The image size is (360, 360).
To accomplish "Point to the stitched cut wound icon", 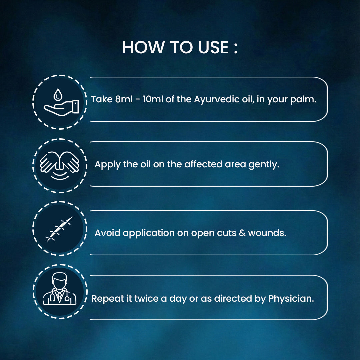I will click(x=59, y=229).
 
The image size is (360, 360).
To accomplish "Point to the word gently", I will click(x=264, y=164).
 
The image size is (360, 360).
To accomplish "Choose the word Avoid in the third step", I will click(x=107, y=233).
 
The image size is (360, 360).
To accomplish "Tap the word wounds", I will click(x=267, y=233).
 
